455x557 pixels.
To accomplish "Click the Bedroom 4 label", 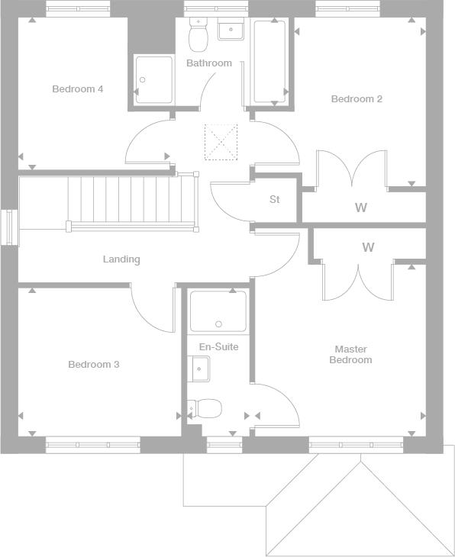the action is [x=78, y=89].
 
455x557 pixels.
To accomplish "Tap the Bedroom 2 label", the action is [x=357, y=98].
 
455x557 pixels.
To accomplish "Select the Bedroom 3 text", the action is [x=93, y=364].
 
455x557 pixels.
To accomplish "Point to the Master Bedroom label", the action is [x=351, y=354].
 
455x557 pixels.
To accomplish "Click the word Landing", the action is [x=121, y=259].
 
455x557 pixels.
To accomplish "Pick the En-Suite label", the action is [x=218, y=346].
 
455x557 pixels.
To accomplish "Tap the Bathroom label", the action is [x=209, y=63].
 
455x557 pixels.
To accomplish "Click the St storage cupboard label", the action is [x=274, y=199].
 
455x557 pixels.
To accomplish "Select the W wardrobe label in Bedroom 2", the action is [x=361, y=207].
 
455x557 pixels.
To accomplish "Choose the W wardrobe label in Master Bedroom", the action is [x=368, y=247].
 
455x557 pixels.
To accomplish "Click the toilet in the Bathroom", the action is [x=198, y=34].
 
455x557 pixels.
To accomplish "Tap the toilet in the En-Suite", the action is [x=205, y=408].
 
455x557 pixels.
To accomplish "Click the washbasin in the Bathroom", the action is [x=231, y=30].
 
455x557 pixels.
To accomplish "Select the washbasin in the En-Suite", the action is [x=198, y=369].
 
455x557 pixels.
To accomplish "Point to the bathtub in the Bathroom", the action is [x=270, y=63].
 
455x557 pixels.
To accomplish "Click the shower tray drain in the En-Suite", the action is [x=218, y=324].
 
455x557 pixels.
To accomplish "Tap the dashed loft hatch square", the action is [x=221, y=142].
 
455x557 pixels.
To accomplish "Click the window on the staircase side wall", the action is [x=10, y=227].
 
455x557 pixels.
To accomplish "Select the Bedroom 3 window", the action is [x=93, y=445].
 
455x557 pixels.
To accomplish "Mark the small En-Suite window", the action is [x=224, y=445].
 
